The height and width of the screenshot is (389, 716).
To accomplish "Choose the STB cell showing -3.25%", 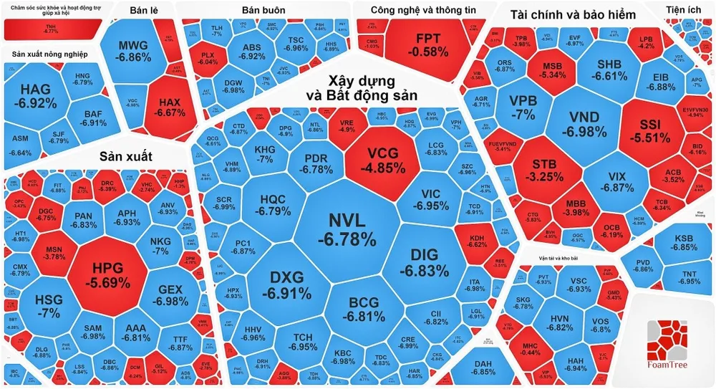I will click(x=544, y=168).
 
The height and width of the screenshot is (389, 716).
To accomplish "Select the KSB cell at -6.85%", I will click(x=684, y=242).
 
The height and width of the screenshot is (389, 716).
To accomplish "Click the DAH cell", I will click(x=484, y=366).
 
